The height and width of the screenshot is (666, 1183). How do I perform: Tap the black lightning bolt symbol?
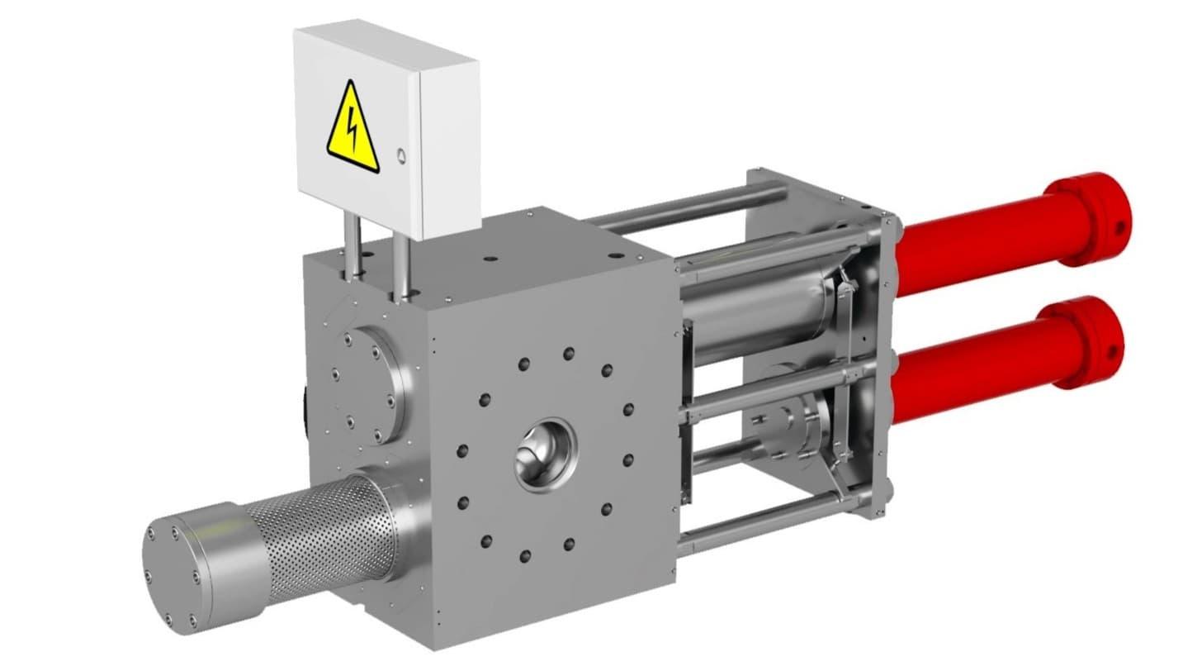click(353, 131)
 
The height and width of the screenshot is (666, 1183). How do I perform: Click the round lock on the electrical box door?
click(401, 155)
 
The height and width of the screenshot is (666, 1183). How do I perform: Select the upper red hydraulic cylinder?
click(974, 240)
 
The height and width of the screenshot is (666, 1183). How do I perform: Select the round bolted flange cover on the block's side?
click(371, 383)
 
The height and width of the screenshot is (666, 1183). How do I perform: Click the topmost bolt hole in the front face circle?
click(569, 354)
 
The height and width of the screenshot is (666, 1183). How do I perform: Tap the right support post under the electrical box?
click(401, 264)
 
